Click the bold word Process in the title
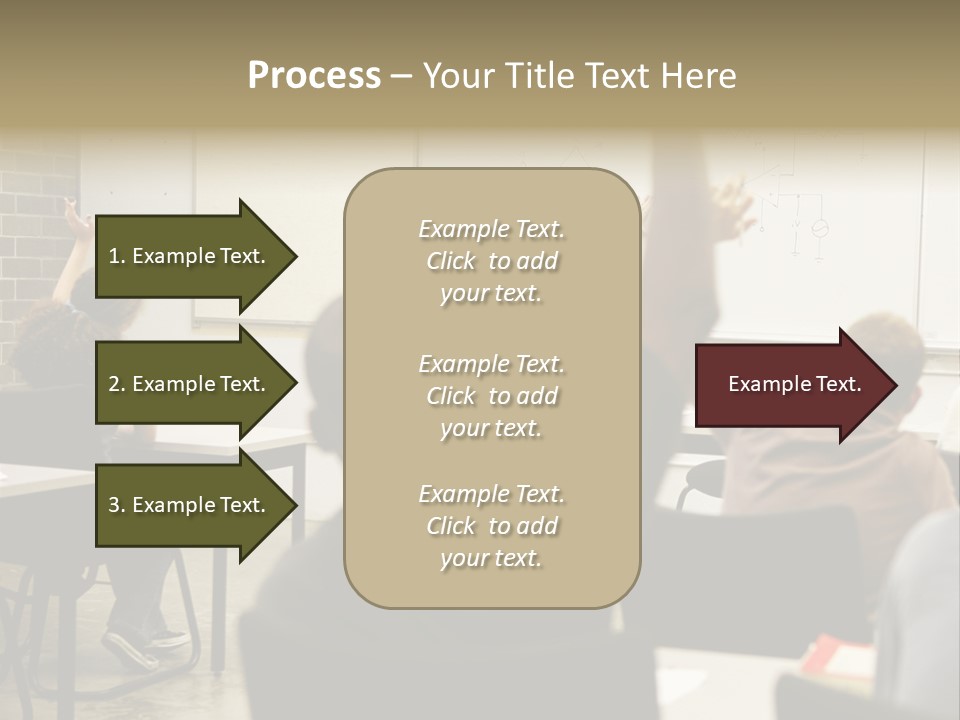pos(314,76)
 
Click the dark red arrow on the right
pos(790,385)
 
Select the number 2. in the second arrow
pos(116,384)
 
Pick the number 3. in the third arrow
pos(116,505)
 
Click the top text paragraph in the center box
pos(491,261)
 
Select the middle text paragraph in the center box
pos(491,396)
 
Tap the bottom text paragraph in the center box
pos(491,526)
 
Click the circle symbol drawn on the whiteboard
pos(819,229)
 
